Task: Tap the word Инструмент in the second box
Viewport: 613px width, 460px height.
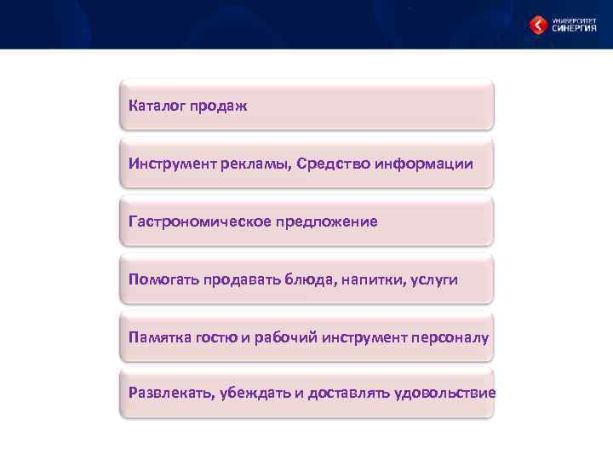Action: [168, 164]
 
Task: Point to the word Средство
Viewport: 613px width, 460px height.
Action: [335, 164]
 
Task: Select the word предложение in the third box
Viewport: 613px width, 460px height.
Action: [326, 222]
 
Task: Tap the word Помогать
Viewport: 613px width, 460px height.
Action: [163, 279]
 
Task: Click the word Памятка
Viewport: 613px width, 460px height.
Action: [161, 337]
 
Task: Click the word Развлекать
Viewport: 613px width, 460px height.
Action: [170, 393]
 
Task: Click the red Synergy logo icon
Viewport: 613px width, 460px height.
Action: [537, 26]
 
